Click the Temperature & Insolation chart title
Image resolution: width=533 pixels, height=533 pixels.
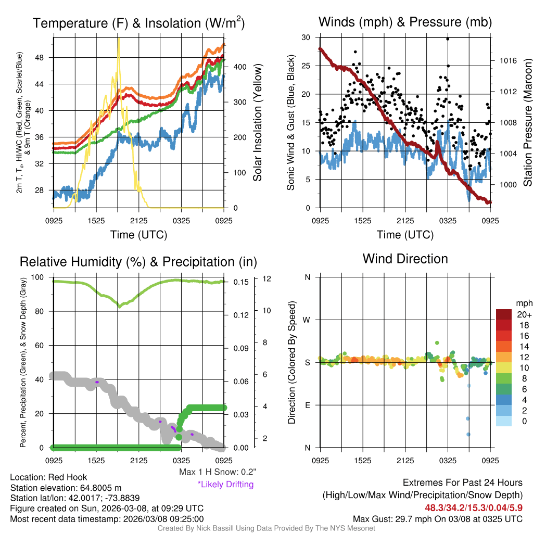[x=138, y=23]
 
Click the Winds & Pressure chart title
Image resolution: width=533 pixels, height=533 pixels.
[x=405, y=22]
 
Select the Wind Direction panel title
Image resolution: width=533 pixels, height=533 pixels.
[x=405, y=259]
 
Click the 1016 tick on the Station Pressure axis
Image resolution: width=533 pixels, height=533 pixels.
[x=508, y=60]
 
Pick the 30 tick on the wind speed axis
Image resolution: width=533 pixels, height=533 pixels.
[x=307, y=37]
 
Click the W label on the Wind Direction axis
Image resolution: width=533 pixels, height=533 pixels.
[x=308, y=320]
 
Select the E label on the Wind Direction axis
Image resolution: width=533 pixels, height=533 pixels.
[x=308, y=405]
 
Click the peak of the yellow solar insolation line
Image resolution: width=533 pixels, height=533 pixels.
[x=119, y=39]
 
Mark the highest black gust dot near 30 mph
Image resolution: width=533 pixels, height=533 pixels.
[x=448, y=39]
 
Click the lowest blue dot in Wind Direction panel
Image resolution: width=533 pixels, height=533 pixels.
[x=468, y=434]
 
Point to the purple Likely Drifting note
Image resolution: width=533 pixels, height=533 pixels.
[x=225, y=484]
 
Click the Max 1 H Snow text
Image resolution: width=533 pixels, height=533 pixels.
[x=217, y=472]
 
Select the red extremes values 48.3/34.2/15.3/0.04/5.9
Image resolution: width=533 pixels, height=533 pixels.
[x=474, y=507]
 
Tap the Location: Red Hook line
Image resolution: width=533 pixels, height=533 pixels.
[x=48, y=477]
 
